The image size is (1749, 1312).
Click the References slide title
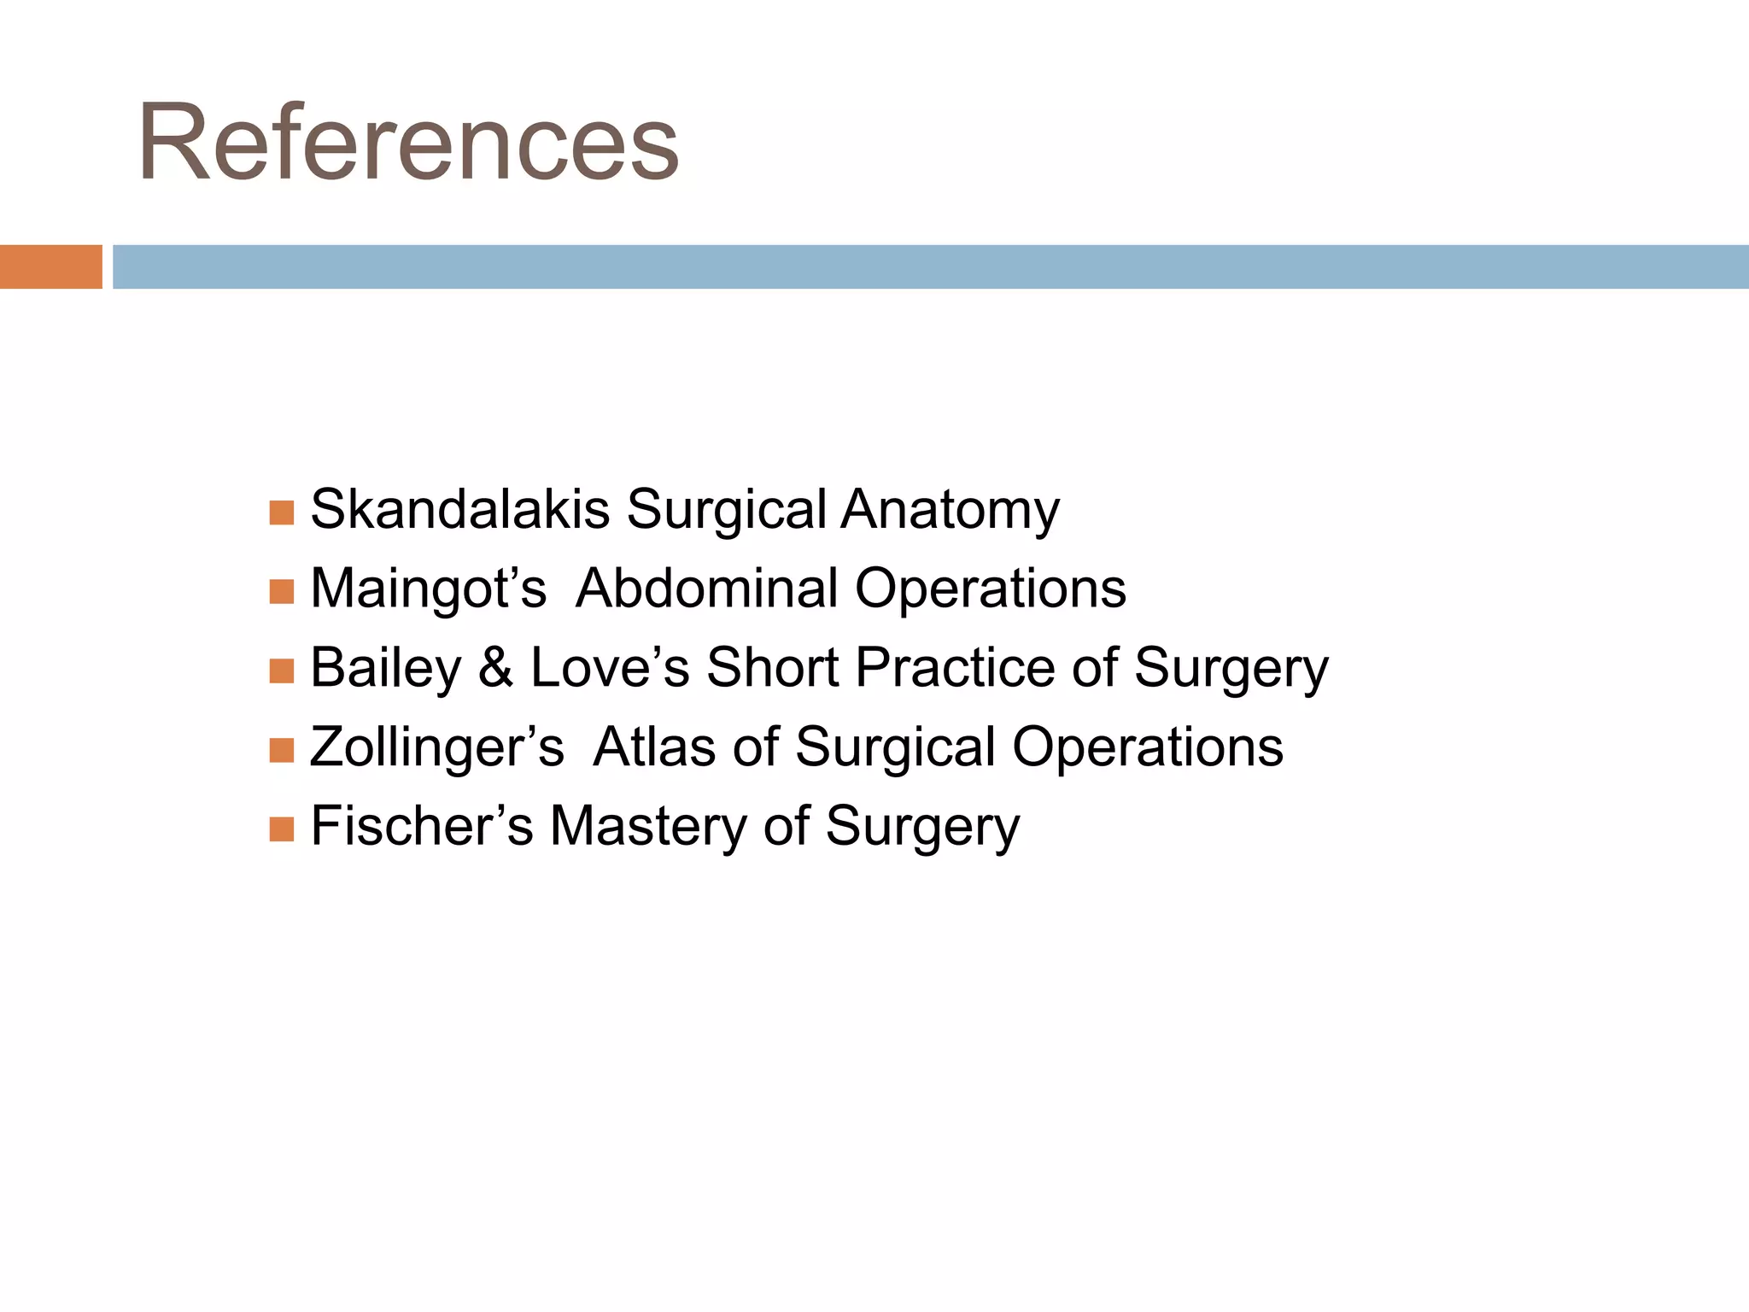(408, 143)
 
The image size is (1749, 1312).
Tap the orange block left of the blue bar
(50, 266)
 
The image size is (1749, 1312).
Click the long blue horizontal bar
(929, 266)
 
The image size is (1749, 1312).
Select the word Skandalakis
(459, 509)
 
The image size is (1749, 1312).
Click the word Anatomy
(950, 511)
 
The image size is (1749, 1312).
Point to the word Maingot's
(428, 589)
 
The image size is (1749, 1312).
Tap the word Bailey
(385, 669)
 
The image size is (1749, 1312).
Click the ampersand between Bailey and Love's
(495, 668)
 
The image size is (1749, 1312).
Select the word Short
(772, 667)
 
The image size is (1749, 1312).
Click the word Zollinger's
(436, 747)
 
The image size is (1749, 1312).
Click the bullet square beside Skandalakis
(281, 512)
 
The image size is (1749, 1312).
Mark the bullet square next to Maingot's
(281, 591)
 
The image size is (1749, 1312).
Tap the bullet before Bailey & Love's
(281, 671)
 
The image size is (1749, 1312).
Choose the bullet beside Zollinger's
(281, 750)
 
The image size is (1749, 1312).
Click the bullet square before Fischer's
(281, 829)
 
